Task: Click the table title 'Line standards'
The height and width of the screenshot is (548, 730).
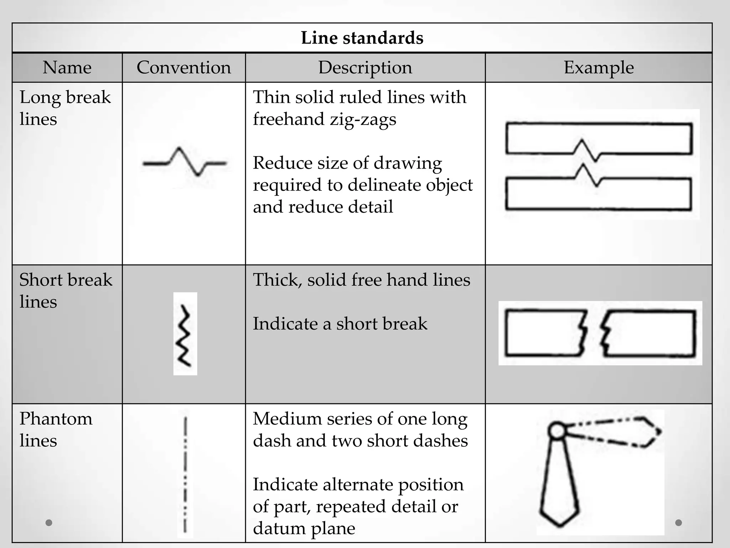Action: [362, 38]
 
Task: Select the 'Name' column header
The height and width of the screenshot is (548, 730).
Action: [67, 67]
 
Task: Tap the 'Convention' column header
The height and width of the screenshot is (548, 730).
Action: [184, 67]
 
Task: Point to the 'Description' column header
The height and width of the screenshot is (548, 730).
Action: [365, 67]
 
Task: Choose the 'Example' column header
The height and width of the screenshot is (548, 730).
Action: [598, 67]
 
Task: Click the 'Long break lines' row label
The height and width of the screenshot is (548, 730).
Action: [65, 108]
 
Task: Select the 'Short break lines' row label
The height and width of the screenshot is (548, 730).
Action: [66, 290]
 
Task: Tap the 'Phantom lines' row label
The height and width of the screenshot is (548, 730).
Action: [56, 429]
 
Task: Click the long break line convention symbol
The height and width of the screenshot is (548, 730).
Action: [184, 162]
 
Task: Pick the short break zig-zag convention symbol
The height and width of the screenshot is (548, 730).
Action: [185, 335]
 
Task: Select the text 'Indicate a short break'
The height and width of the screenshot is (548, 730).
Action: [340, 324]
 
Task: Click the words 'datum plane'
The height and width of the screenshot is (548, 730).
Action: [304, 528]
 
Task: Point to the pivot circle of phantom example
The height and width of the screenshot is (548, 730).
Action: [556, 431]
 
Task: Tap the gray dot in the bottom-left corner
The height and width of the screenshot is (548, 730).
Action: [49, 523]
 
